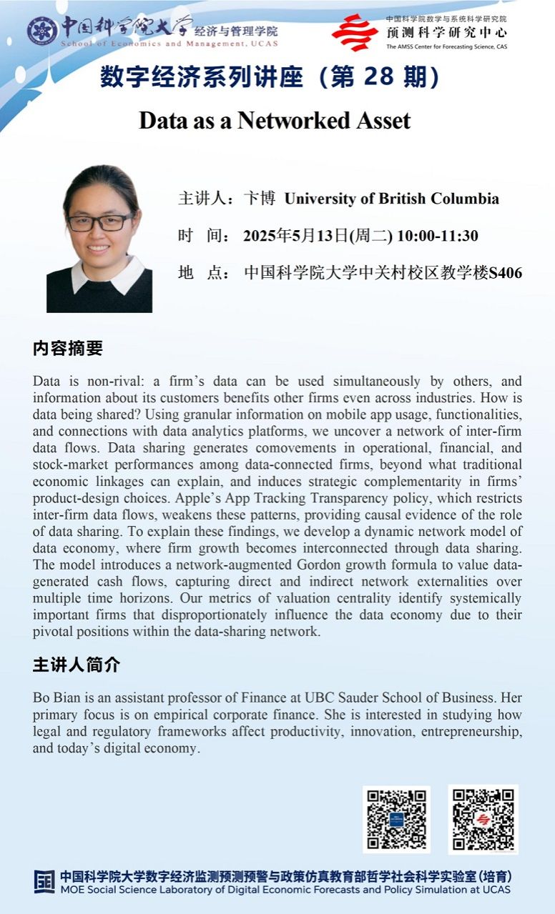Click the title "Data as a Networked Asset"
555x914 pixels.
[275, 120]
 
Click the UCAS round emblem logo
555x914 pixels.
[42, 31]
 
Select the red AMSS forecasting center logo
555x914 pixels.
[355, 32]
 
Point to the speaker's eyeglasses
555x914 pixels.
[100, 222]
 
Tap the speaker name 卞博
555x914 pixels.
[260, 199]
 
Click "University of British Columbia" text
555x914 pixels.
[391, 199]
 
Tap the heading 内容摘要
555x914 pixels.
[68, 348]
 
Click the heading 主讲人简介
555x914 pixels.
[77, 665]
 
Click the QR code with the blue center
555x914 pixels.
[396, 819]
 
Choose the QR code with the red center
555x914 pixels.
[483, 819]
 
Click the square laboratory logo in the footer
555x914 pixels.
[44, 881]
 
